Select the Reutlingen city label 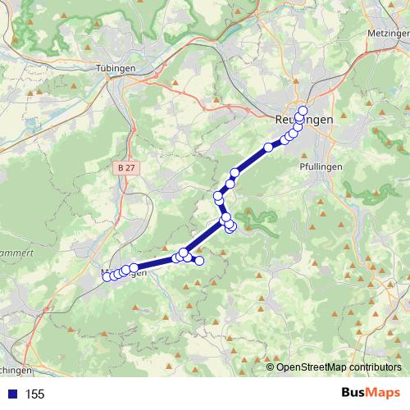[304, 120]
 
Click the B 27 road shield [125, 166]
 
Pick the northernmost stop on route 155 [303, 111]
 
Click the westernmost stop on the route [107, 277]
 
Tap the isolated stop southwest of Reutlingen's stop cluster [268, 148]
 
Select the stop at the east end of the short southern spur [198, 261]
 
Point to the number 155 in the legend [34, 394]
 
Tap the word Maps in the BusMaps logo [384, 393]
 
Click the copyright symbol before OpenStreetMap [271, 367]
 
